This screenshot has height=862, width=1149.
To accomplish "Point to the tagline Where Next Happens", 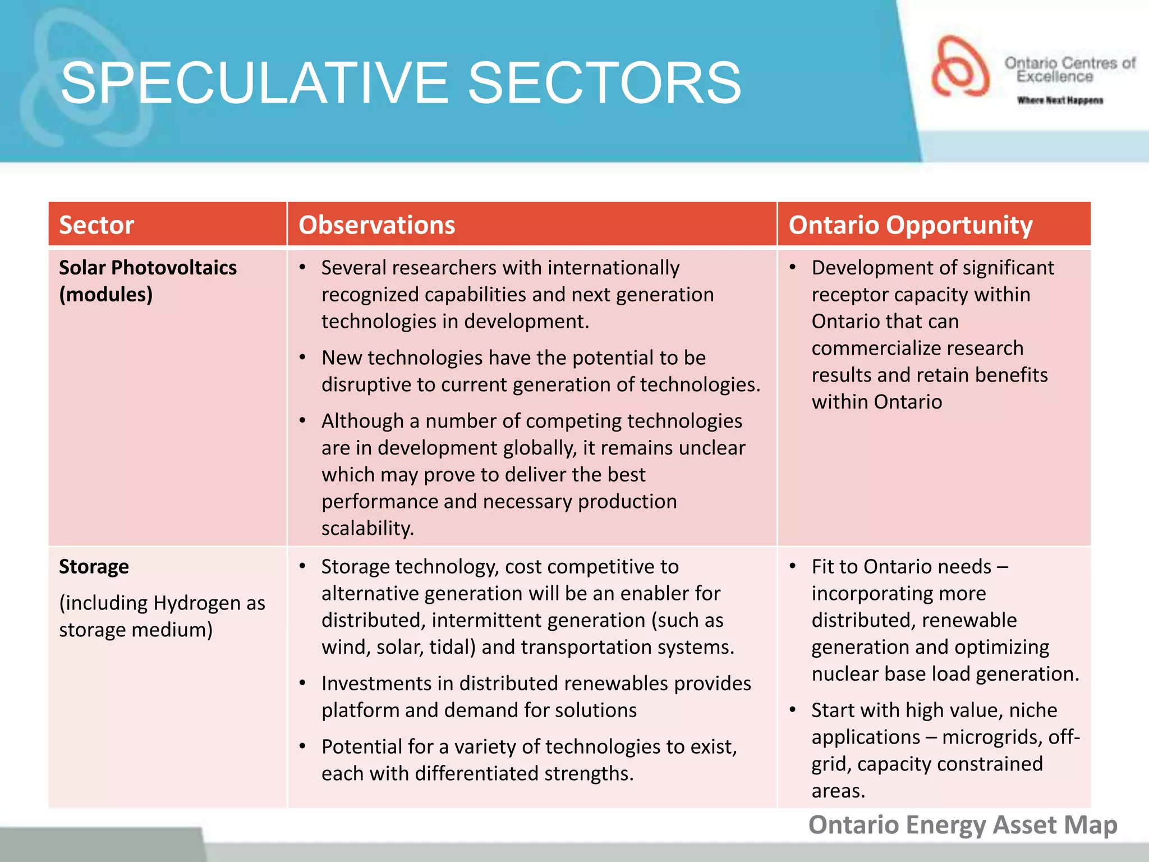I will click(x=1060, y=100).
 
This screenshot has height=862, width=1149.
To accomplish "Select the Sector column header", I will click(x=96, y=225).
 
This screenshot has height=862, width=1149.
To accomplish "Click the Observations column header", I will click(x=376, y=225).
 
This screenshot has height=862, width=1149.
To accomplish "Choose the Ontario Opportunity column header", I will click(x=910, y=225).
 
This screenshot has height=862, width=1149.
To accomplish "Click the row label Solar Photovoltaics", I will click(x=148, y=268).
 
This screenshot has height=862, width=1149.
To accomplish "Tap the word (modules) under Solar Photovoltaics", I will click(x=105, y=295).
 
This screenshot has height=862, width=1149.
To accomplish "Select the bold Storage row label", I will click(x=94, y=567).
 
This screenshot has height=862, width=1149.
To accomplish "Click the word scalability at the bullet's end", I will click(x=367, y=529).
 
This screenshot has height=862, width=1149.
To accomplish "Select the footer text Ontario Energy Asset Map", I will click(x=963, y=825).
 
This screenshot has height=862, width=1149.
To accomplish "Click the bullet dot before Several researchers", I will click(x=302, y=267).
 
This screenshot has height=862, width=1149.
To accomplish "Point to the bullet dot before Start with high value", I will click(x=793, y=710).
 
